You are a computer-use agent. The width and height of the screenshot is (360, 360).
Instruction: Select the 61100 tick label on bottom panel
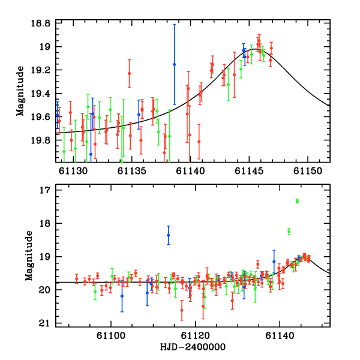coord(113,335)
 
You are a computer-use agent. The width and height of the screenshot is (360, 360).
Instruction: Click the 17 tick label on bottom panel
coord(44,190)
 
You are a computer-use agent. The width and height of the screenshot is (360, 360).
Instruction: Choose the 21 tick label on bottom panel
coord(44,324)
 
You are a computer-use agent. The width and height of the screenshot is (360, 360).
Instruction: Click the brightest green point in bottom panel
coord(297,201)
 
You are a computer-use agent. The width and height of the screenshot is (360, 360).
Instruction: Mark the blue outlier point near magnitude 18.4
coord(169,236)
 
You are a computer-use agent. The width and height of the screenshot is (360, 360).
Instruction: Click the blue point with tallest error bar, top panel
coord(175,64)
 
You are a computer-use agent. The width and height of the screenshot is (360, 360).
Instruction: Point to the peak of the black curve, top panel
coord(255,50)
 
